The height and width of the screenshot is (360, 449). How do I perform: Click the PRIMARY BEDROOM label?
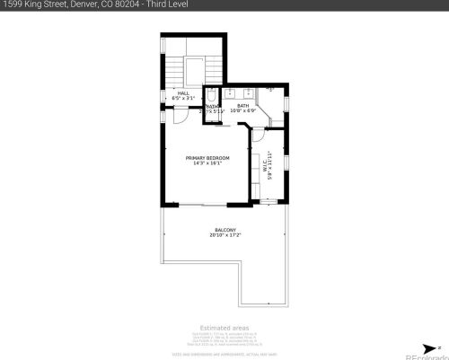pyautogui.click(x=207, y=158)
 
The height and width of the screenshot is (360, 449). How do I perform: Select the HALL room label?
pyautogui.click(x=182, y=93)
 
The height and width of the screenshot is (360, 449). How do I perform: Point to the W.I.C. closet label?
pyautogui.click(x=266, y=166)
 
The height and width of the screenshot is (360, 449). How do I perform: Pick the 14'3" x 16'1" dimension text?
pyautogui.click(x=207, y=164)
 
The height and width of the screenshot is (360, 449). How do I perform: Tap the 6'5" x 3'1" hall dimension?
pyautogui.click(x=182, y=99)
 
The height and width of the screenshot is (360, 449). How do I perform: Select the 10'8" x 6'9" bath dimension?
pyautogui.click(x=242, y=111)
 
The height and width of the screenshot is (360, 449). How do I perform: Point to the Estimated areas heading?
pyautogui.click(x=224, y=328)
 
